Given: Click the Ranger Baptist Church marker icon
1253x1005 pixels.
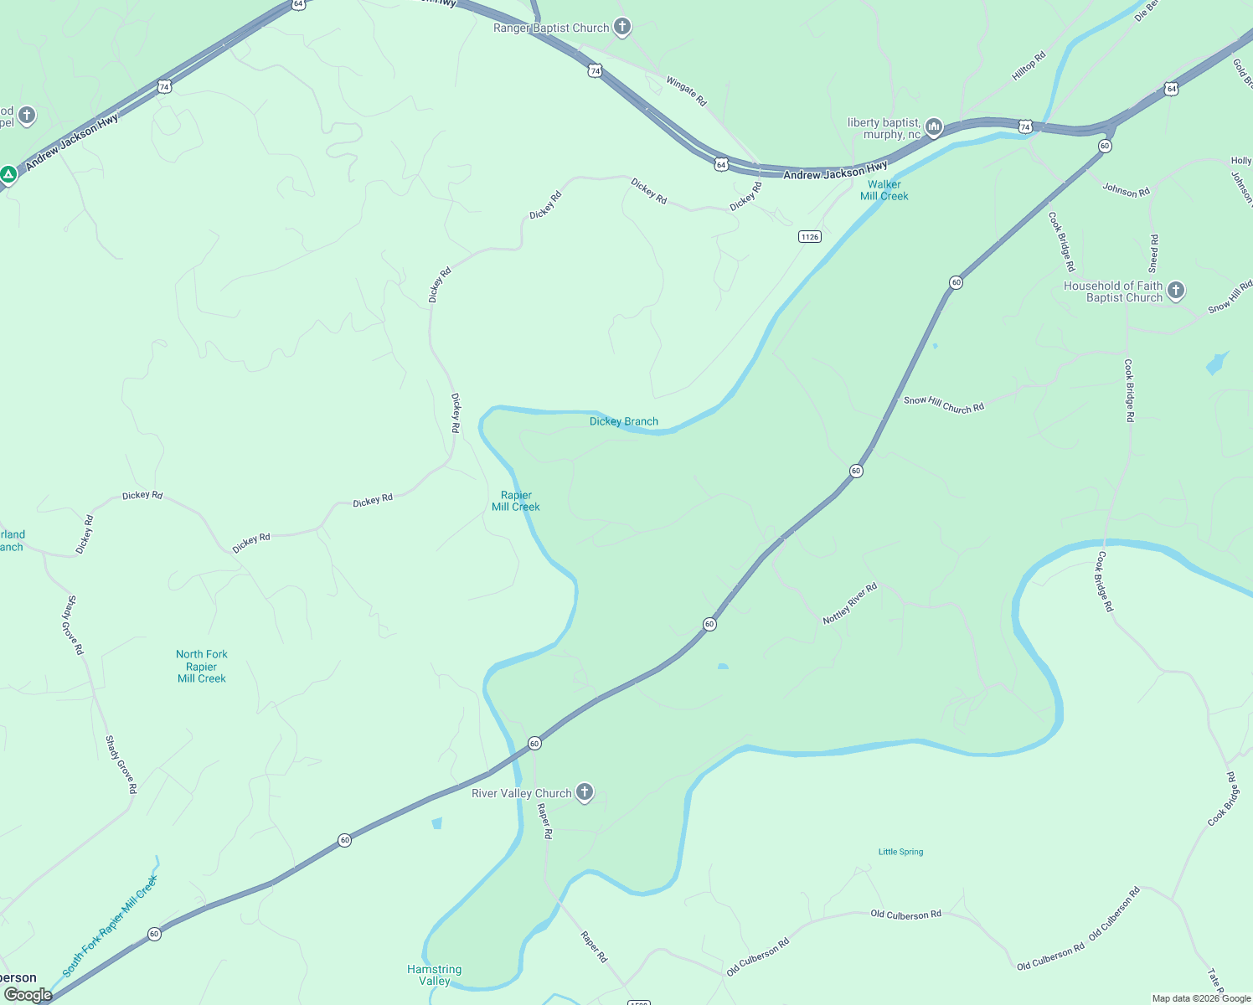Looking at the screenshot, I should [x=621, y=27].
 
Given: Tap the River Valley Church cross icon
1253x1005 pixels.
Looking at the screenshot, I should [x=585, y=791].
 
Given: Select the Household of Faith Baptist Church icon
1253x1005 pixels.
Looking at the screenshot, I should [x=1176, y=291].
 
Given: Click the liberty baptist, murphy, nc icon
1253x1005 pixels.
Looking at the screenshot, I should [x=934, y=127].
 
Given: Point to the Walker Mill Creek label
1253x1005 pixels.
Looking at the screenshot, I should [x=884, y=190].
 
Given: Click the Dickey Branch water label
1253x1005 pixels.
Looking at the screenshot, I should [x=623, y=421].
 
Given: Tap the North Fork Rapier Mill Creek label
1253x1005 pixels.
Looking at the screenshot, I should [x=201, y=666].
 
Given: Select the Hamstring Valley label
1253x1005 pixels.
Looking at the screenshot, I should [x=434, y=975].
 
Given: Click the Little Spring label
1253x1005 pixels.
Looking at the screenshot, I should [x=900, y=852].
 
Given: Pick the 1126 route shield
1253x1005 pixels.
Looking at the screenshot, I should [x=809, y=237].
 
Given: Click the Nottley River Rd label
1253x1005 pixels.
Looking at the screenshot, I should [x=849, y=603].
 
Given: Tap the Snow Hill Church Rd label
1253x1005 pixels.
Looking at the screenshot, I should [x=943, y=405].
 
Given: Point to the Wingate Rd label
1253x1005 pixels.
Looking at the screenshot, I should [x=686, y=91].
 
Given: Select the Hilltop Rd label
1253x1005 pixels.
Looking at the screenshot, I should [x=1029, y=66].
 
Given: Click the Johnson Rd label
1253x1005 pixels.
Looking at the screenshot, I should [x=1126, y=190].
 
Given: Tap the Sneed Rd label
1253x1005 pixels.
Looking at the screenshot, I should [x=1153, y=254].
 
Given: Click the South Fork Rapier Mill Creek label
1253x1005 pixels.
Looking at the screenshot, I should [x=110, y=925].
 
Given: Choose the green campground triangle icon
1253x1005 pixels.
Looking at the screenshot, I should [x=8, y=174].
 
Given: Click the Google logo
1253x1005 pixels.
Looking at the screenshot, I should [x=28, y=995].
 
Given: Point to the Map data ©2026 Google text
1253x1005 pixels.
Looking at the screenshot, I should [x=1201, y=998].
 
